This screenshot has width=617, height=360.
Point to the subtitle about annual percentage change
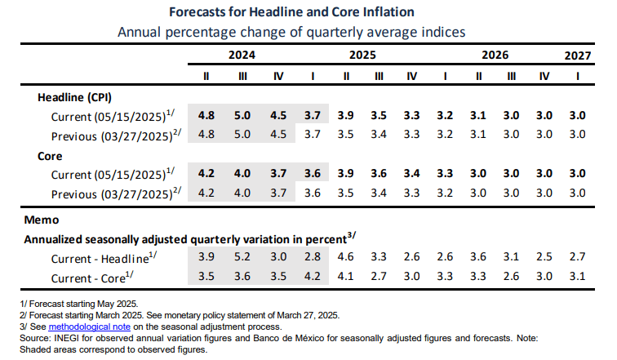pyautogui.click(x=291, y=33)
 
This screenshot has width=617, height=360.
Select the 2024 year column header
pyautogui.click(x=242, y=56)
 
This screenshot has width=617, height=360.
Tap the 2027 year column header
pyautogui.click(x=579, y=56)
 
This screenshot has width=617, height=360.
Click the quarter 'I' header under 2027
pyautogui.click(x=579, y=76)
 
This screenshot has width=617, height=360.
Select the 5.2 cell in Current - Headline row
pyautogui.click(x=242, y=258)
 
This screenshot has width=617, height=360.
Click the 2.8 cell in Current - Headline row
pyautogui.click(x=311, y=258)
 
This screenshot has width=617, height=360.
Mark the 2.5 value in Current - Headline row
pyautogui.click(x=545, y=258)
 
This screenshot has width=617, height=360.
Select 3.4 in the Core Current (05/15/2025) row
pyautogui.click(x=411, y=173)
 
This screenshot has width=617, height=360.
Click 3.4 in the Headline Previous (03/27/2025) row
pyautogui.click(x=379, y=134)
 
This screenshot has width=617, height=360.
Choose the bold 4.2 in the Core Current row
pyautogui.click(x=207, y=173)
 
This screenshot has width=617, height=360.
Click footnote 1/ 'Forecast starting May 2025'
pyautogui.click(x=61, y=304)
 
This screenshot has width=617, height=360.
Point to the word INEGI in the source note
pyautogui.click(x=64, y=337)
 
